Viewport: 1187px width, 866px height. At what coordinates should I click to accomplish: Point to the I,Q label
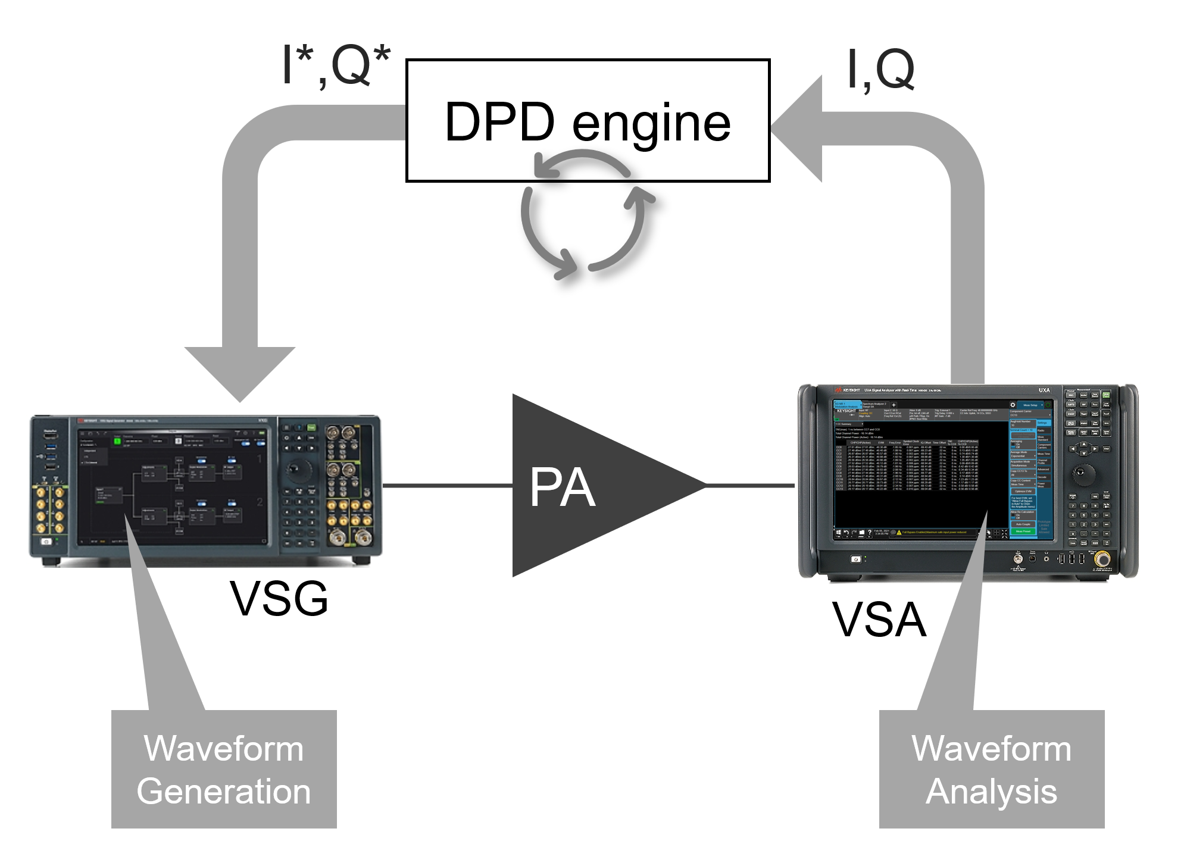pyautogui.click(x=880, y=70)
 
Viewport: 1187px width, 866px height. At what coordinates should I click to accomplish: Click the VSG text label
pyautogui.click(x=279, y=598)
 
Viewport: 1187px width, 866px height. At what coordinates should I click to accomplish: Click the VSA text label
pyautogui.click(x=879, y=620)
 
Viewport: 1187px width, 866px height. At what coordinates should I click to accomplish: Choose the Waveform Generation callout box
pyautogui.click(x=224, y=769)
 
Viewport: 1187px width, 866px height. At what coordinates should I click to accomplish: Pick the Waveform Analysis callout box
pyautogui.click(x=991, y=769)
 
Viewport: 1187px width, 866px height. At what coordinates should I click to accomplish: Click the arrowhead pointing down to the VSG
pyautogui.click(x=240, y=372)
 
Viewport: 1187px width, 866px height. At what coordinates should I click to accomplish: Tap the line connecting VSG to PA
pyautogui.click(x=446, y=486)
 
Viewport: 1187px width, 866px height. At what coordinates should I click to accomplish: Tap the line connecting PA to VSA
pyautogui.click(x=750, y=486)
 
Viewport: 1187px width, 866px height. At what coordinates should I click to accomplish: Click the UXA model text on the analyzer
pyautogui.click(x=1044, y=390)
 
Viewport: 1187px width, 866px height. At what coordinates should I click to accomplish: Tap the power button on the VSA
pyautogui.click(x=856, y=559)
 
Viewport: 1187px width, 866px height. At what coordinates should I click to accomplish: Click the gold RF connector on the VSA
pyautogui.click(x=1102, y=559)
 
